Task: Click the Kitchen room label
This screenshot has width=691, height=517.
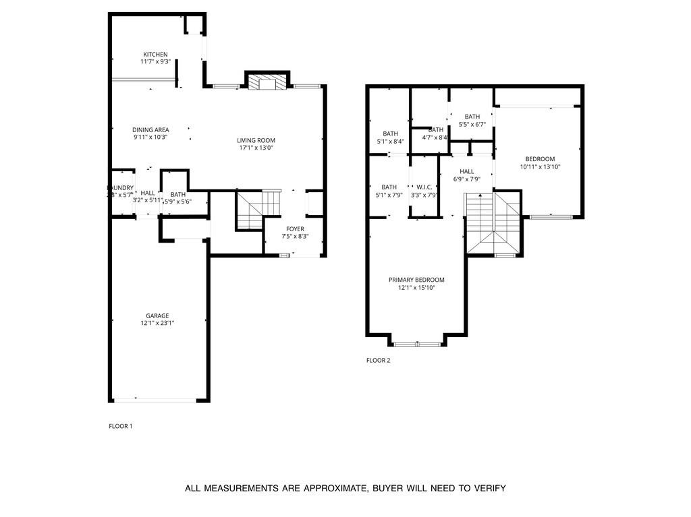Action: tap(155, 55)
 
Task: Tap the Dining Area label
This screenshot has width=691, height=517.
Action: tap(150, 129)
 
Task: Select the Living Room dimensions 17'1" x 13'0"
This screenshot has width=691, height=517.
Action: tap(256, 148)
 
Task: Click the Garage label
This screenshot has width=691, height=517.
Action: tap(157, 315)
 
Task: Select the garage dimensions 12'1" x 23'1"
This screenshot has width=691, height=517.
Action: tap(157, 323)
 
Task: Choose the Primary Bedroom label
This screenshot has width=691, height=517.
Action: tap(416, 280)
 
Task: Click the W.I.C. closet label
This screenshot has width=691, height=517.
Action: tap(424, 187)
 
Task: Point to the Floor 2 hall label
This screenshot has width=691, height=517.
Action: tap(467, 171)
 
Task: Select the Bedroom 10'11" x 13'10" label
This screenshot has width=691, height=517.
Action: tap(540, 159)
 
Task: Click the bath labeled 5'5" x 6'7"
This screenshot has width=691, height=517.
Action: tap(472, 117)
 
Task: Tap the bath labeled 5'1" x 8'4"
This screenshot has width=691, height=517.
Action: tap(390, 133)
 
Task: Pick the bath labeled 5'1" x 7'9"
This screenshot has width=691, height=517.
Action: tap(389, 187)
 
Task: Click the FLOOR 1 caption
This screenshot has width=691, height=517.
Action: tap(121, 426)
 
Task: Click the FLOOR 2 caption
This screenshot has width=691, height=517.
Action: tap(378, 360)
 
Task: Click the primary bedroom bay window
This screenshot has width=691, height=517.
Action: tap(417, 344)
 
